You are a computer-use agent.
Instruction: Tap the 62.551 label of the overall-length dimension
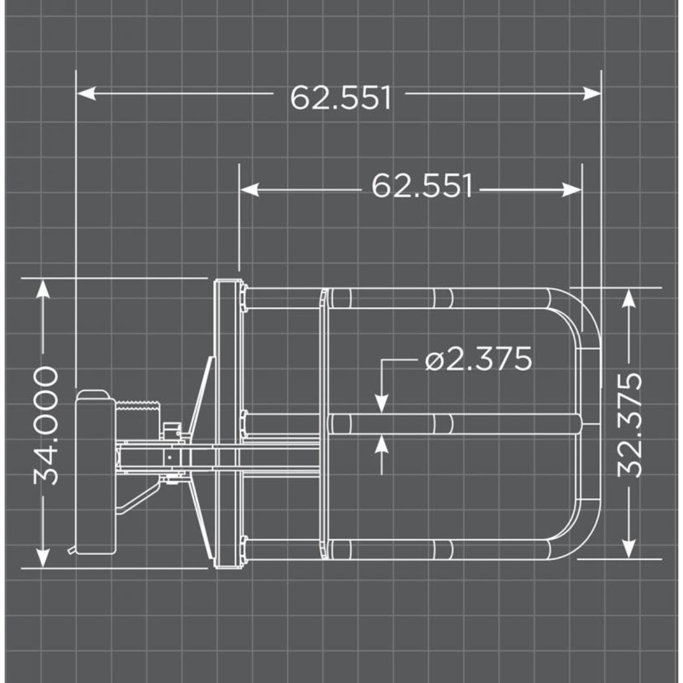(340, 98)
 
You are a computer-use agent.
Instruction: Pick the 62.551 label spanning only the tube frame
(422, 187)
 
